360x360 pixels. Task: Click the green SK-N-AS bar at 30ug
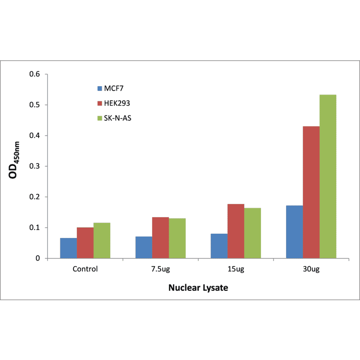[x=328, y=176]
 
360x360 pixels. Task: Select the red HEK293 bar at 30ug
[x=311, y=192]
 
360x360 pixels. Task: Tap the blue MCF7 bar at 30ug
[x=294, y=232]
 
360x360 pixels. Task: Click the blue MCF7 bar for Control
[x=68, y=248]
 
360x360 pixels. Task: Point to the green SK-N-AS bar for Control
[x=102, y=240]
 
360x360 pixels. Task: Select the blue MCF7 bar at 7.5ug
[x=144, y=247]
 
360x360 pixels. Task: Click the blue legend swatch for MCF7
[x=99, y=88]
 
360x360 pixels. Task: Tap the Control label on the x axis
[x=85, y=269]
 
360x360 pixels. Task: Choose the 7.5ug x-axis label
[x=160, y=269]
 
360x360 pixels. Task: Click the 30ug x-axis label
[x=311, y=269]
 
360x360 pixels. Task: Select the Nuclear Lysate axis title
[x=198, y=287]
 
